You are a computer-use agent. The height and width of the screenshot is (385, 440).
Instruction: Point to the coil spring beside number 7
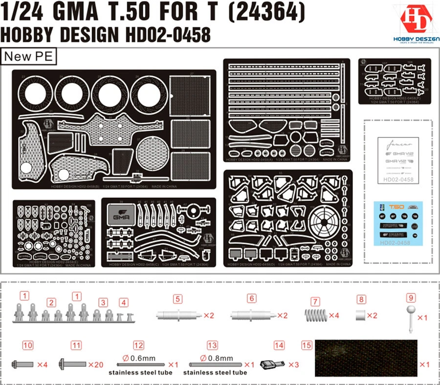point(318,315)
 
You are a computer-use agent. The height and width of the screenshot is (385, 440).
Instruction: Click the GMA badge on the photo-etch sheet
point(120,215)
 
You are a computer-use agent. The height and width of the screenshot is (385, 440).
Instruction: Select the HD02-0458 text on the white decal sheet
point(399,180)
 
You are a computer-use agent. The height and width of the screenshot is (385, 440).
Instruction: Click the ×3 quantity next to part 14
point(293,364)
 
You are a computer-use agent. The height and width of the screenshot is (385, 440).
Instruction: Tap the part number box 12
point(139,345)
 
